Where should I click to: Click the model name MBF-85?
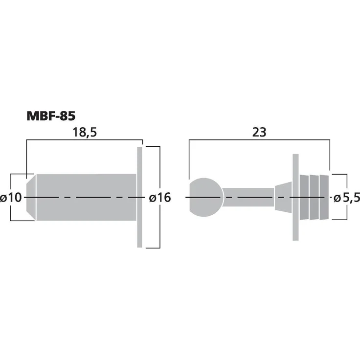50,116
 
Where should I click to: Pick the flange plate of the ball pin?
295,197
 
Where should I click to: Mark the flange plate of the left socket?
140,197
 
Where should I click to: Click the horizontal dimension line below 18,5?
83,140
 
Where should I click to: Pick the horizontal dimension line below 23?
259,140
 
